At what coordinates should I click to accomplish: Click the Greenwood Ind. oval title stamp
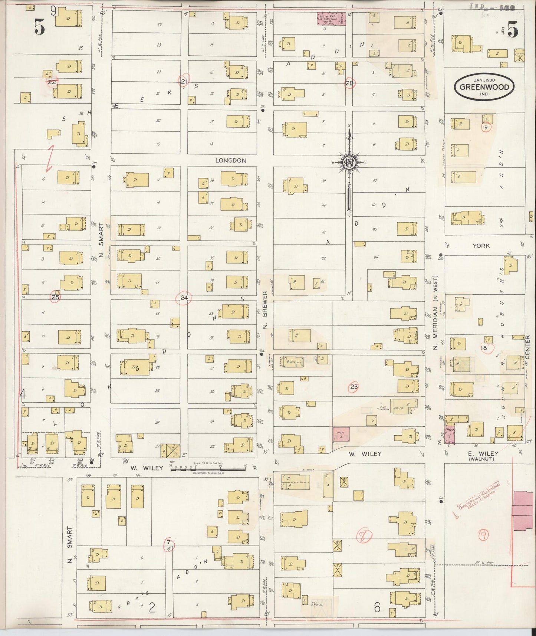click(484, 87)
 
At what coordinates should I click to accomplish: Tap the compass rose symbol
click(349, 162)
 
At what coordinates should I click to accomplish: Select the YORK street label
click(481, 246)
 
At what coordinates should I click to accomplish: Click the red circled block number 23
click(354, 387)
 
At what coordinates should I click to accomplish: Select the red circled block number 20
click(349, 83)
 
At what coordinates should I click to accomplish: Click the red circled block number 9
click(483, 535)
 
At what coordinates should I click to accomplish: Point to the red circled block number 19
click(485, 127)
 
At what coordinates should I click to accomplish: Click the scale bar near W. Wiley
click(208, 468)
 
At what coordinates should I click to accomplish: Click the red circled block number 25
click(56, 297)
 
